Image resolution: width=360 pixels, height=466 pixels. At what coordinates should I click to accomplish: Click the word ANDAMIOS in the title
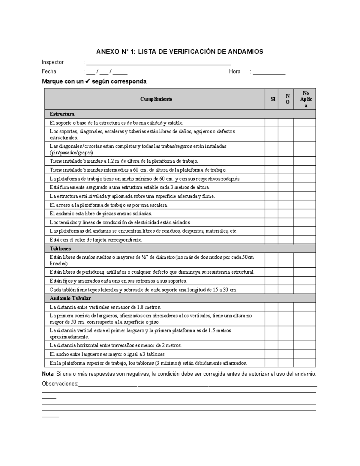coord(245,52)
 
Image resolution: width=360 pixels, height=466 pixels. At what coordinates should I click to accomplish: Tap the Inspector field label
coord(53,62)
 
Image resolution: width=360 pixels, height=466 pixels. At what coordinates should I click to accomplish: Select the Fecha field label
coord(49,71)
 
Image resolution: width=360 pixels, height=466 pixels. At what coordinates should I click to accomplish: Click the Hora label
coord(235,71)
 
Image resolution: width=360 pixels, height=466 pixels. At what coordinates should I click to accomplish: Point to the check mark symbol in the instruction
coord(88,81)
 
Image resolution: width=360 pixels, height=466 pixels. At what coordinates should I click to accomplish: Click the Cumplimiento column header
coord(156,99)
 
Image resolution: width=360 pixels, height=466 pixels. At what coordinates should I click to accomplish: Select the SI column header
coord(273,99)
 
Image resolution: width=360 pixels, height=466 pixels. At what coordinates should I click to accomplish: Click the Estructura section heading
coord(62,114)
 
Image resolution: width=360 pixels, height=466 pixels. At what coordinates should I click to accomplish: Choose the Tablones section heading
coord(60,248)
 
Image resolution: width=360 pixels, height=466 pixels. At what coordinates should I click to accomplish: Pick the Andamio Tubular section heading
coord(70,298)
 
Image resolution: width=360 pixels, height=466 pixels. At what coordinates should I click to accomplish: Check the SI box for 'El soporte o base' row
coord(271,123)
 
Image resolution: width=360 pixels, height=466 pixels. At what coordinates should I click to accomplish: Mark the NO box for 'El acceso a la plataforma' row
coord(286,205)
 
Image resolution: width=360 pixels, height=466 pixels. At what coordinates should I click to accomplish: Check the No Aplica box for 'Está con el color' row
coord(304,240)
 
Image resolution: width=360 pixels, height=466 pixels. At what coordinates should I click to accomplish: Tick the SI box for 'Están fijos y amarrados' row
coord(271,281)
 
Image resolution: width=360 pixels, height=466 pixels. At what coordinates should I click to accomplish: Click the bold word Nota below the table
coord(48,374)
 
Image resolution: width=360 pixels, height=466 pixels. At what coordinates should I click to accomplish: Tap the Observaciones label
coord(60,384)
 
